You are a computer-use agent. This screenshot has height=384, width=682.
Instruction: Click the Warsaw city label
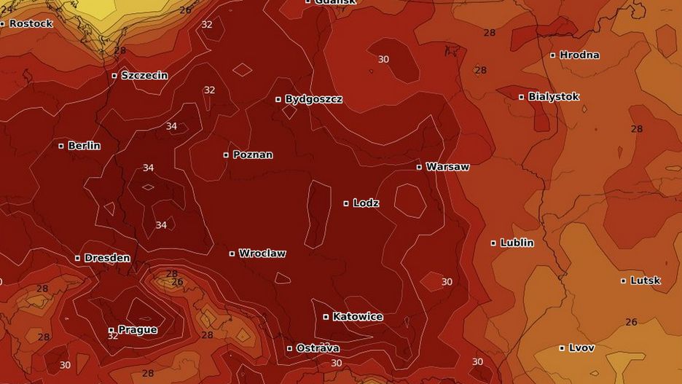click(x=447, y=167)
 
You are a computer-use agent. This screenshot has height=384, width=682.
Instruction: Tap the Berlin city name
click(x=84, y=146)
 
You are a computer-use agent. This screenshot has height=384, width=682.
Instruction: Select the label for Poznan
click(x=253, y=154)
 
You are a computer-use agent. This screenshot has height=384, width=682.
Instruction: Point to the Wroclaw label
click(x=262, y=254)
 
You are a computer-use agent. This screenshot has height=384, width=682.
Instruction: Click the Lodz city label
click(x=366, y=203)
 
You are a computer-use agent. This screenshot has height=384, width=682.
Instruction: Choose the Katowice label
click(x=358, y=317)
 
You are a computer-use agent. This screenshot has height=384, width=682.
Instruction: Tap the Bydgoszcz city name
click(x=313, y=99)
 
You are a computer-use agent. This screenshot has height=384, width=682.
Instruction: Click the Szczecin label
click(x=144, y=75)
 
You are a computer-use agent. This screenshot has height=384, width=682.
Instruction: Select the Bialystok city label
click(x=554, y=97)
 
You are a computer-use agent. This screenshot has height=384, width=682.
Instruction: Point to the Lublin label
click(x=517, y=243)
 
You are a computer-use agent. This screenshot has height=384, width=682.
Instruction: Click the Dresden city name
click(x=107, y=258)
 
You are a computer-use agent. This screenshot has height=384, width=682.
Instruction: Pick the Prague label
click(x=137, y=330)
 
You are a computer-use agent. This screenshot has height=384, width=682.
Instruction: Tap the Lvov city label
click(x=581, y=348)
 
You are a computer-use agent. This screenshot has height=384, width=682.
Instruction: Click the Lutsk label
click(x=646, y=281)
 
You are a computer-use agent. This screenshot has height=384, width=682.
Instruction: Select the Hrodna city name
click(x=579, y=55)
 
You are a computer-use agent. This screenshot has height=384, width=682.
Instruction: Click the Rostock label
click(x=31, y=23)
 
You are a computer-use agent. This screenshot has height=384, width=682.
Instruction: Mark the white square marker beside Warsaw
click(x=419, y=167)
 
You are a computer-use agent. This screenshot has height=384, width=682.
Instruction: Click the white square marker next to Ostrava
click(x=289, y=348)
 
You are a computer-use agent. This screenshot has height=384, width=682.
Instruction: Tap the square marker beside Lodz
click(x=346, y=203)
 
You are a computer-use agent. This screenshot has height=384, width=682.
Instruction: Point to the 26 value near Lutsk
click(x=631, y=322)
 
